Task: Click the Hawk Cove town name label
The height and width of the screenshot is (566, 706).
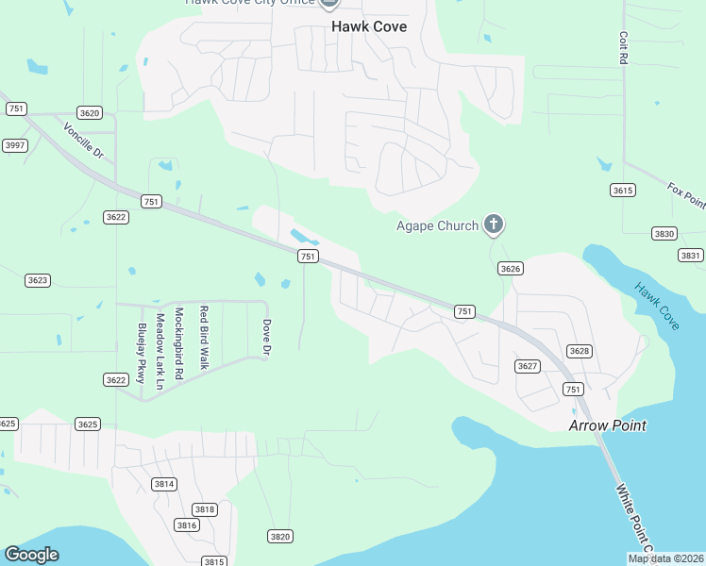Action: [x=369, y=26]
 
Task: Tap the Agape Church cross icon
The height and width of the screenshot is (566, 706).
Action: [x=493, y=225]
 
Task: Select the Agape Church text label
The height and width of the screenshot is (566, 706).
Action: [x=436, y=225]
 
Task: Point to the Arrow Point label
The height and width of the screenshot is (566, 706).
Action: [x=607, y=425]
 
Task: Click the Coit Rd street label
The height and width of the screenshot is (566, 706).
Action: [x=624, y=46]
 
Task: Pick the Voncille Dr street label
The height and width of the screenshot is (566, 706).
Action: [x=82, y=140]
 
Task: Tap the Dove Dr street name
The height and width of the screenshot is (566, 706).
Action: [x=266, y=338]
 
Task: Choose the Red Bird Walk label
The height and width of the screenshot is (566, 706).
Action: [x=203, y=336]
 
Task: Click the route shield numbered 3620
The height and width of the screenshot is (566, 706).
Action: [x=90, y=113]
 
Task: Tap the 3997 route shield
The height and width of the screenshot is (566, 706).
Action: [x=14, y=145]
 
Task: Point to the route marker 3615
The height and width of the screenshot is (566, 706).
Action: [x=622, y=191]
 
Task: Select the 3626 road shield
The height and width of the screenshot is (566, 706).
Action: [x=511, y=269]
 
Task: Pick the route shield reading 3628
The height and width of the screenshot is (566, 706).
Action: [x=579, y=351]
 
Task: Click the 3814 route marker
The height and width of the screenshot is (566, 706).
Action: [x=164, y=484]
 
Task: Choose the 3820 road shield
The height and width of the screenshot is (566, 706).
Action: [x=279, y=537]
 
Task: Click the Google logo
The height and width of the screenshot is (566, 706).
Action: [x=32, y=555]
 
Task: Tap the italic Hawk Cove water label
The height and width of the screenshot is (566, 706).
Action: [x=657, y=306]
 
